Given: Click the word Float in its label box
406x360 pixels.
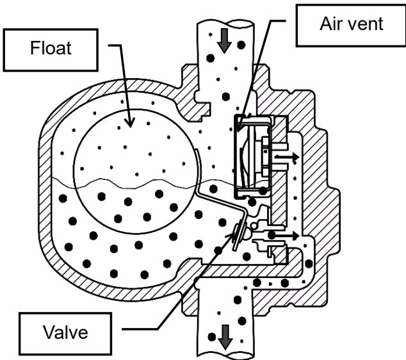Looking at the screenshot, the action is (x=51, y=48).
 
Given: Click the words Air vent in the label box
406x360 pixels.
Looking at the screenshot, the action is (x=352, y=24).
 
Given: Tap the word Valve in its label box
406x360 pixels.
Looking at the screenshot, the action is (x=65, y=332).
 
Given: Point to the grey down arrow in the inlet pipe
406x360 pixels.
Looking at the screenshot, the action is (x=224, y=41).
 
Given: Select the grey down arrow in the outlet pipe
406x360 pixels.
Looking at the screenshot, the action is (x=225, y=337).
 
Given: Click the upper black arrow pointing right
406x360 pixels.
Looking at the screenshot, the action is (x=287, y=156).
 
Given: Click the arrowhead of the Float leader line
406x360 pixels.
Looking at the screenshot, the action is (x=130, y=122).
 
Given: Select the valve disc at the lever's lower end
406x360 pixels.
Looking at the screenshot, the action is (x=237, y=235).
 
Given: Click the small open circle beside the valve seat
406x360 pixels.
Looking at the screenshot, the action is (x=254, y=226).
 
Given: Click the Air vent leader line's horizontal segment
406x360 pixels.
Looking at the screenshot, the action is (x=279, y=20).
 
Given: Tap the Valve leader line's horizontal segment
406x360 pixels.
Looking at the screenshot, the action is (x=140, y=329).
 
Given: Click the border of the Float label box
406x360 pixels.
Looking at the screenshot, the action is (x=51, y=29).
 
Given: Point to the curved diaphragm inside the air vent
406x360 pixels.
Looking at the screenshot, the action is (x=243, y=166).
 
